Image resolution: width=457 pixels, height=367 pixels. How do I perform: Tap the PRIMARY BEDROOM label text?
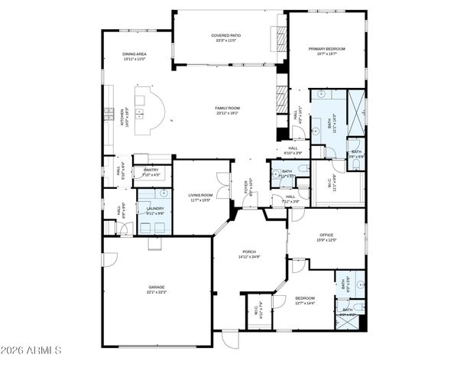(x=327, y=49)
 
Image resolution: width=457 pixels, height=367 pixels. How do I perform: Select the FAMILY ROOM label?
(x=227, y=109)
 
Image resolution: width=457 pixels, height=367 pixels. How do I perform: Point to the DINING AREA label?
(x=135, y=54)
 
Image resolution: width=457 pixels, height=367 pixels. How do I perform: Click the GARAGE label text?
(x=156, y=287)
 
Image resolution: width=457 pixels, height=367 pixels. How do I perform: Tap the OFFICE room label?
(x=326, y=235)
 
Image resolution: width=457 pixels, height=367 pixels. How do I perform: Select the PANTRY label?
(x=151, y=171)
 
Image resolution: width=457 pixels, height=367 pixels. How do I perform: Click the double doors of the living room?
(x=222, y=181)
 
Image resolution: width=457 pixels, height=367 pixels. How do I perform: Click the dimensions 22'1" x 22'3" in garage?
(x=156, y=292)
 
